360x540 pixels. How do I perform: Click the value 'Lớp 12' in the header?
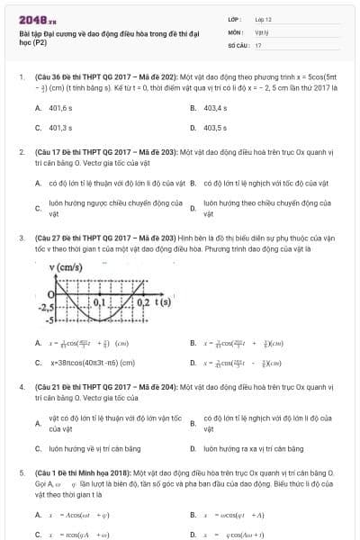click(x=265, y=19)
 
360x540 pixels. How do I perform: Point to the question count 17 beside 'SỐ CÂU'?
click(x=258, y=44)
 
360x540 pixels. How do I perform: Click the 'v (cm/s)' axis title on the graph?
click(x=66, y=267)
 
